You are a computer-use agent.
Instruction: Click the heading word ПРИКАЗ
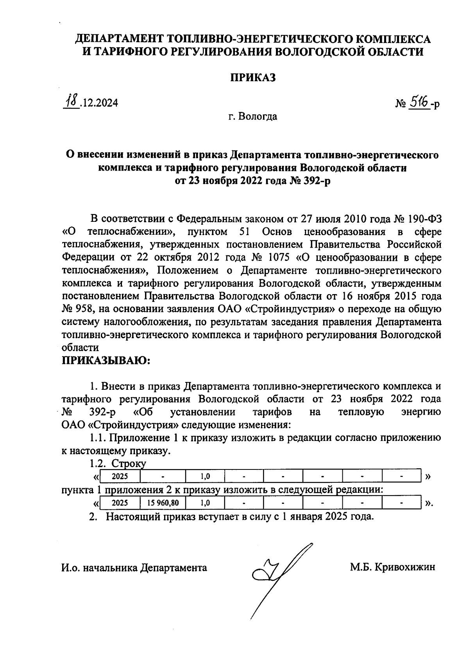click(x=252, y=77)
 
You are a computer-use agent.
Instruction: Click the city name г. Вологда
click(x=253, y=116)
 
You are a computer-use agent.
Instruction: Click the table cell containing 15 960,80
click(x=163, y=503)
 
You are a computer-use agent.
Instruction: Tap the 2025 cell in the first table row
click(x=120, y=476)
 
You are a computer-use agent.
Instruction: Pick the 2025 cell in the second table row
click(x=120, y=503)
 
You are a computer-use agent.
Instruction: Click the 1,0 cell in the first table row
click(x=205, y=476)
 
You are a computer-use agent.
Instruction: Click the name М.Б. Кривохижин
click(x=392, y=567)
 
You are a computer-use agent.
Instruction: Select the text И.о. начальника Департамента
click(x=134, y=567)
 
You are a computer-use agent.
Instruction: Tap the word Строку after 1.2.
click(x=129, y=464)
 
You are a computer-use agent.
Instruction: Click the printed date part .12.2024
click(x=98, y=103)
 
